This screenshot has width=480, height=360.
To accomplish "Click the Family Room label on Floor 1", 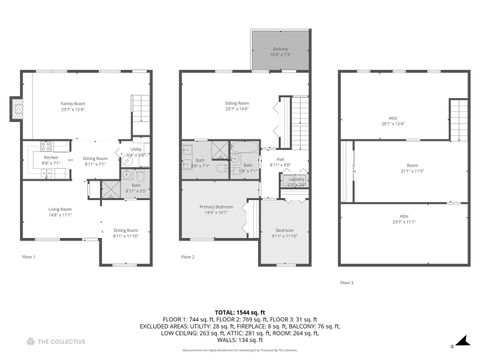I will pos(72,106).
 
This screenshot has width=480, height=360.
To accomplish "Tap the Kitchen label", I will pos(50,159).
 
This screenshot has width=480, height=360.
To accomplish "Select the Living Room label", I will pos(60,212).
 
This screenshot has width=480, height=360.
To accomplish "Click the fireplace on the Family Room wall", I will pos(16,107).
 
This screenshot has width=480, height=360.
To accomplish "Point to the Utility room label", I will pos(136,152).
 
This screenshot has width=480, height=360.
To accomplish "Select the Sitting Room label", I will pos(237,106).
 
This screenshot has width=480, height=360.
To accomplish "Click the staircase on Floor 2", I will pos(298,113).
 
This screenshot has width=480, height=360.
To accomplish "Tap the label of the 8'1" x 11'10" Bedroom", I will pos(285,233).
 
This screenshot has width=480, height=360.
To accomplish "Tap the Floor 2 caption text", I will pos(187,257).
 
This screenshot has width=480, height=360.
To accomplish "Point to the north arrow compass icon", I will pos(453,345).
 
